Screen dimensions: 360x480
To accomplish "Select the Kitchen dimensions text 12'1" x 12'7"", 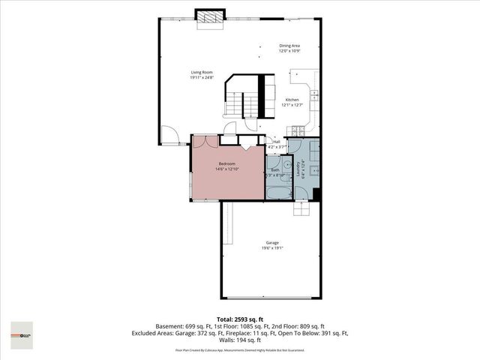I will pyautogui.click(x=291, y=105).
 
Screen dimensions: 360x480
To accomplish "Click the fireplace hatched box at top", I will pyautogui.click(x=209, y=16).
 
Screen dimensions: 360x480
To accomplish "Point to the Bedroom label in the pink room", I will pyautogui.click(x=226, y=163).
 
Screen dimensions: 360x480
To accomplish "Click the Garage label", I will pyautogui.click(x=271, y=242).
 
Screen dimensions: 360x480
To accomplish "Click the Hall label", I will pyautogui.click(x=276, y=142).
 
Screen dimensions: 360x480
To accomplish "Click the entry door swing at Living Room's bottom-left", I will pyautogui.click(x=172, y=136).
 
